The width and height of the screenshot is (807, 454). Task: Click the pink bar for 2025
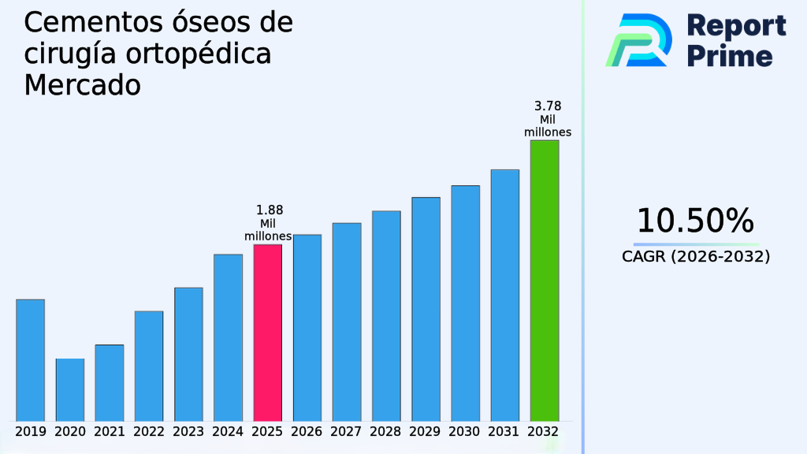[267, 332]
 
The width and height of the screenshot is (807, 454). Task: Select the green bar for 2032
[544, 280]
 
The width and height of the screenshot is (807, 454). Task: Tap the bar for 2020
[69, 389]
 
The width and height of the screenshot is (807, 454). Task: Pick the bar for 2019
[30, 359]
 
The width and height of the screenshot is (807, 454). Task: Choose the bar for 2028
[386, 315]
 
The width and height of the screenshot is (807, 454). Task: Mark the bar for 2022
[149, 366]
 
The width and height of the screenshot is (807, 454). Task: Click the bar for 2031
[504, 295]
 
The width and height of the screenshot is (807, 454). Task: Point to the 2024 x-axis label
[228, 432]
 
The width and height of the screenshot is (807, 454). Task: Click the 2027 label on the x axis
[347, 432]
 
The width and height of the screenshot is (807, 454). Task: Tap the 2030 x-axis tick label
[465, 432]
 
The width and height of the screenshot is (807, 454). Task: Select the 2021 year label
[110, 432]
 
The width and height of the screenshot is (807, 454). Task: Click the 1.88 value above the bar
[270, 210]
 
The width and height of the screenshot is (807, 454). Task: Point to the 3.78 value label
[548, 106]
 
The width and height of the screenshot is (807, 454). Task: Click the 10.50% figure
[695, 221]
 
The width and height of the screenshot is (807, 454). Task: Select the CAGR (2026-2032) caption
[695, 257]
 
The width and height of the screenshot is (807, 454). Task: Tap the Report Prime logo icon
[638, 39]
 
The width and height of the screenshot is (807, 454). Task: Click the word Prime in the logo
[730, 56]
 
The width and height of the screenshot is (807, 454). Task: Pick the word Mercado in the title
[82, 84]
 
